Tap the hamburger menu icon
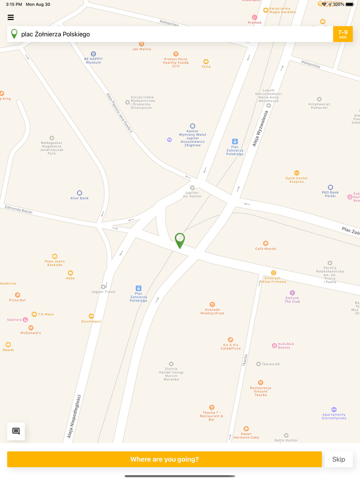click(x=10, y=17)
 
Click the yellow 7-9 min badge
click(x=343, y=34)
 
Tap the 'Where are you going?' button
click(x=164, y=459)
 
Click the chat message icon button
click(x=16, y=431)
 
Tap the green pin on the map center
click(x=179, y=239)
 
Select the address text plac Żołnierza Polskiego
click(x=56, y=34)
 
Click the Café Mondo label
click(x=265, y=249)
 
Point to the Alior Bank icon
click(x=80, y=193)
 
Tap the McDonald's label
click(x=31, y=333)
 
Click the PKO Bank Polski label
click(x=330, y=194)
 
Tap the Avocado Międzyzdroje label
click(x=212, y=311)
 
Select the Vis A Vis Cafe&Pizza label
click(x=231, y=346)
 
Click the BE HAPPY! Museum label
click(x=93, y=60)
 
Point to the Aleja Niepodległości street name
click(x=75, y=416)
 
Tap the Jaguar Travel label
click(x=103, y=291)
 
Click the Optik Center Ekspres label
click(x=297, y=179)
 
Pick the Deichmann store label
click(x=91, y=321)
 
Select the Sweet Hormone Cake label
click(x=246, y=435)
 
